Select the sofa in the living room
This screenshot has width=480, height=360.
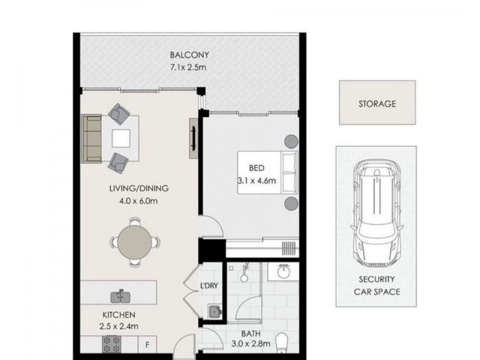coord(92,139)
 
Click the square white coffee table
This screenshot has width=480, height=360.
coord(121,139)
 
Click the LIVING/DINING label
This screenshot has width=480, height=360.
coord(139,188)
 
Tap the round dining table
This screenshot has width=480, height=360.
coord(135,242)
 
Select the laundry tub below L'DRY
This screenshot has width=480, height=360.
coord(214,311)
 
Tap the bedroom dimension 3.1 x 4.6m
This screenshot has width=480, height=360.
coord(258,179)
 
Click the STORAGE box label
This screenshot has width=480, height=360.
coord(376,104)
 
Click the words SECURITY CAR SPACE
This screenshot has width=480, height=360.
coord(376,286)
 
